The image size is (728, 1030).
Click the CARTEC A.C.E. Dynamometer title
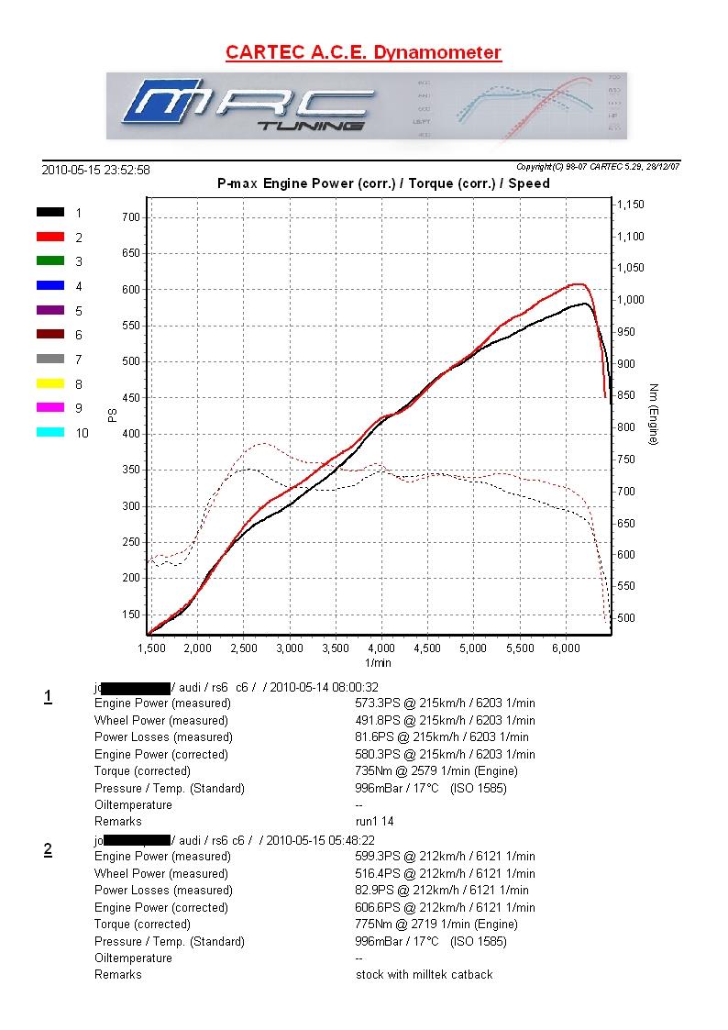363,52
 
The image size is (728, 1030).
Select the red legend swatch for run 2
50,237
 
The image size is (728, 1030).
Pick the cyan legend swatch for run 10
50,432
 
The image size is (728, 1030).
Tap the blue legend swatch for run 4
50,285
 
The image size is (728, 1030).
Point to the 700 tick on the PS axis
129,217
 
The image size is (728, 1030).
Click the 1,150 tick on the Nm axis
631,205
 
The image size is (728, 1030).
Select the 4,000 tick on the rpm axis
381,648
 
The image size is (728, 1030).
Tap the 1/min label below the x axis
378,662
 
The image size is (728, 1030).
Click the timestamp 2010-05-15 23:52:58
95,170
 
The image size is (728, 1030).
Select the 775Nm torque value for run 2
374,925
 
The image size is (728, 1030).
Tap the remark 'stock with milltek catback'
424,975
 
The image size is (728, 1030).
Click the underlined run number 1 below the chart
48,697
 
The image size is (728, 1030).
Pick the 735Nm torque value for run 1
373,771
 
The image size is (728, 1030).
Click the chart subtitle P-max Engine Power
383,183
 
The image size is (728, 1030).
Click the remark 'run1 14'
374,822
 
